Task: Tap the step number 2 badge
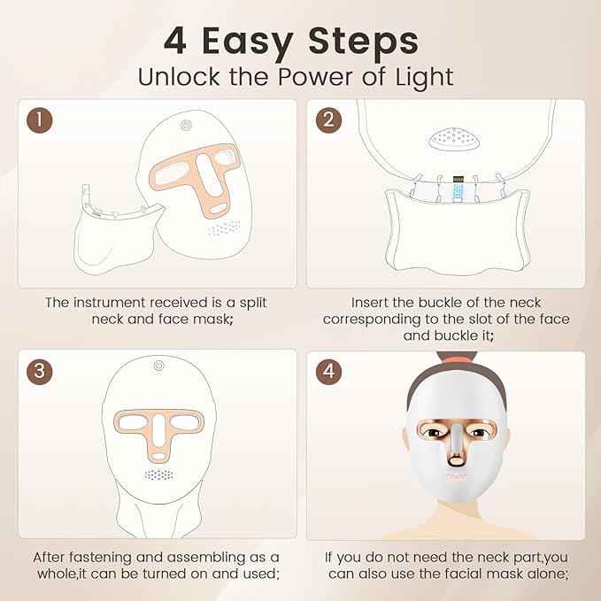pyautogui.click(x=327, y=119)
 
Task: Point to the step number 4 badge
pyautogui.click(x=327, y=371)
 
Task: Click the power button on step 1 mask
pyautogui.click(x=185, y=126)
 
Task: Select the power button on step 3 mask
pyautogui.click(x=157, y=366)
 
